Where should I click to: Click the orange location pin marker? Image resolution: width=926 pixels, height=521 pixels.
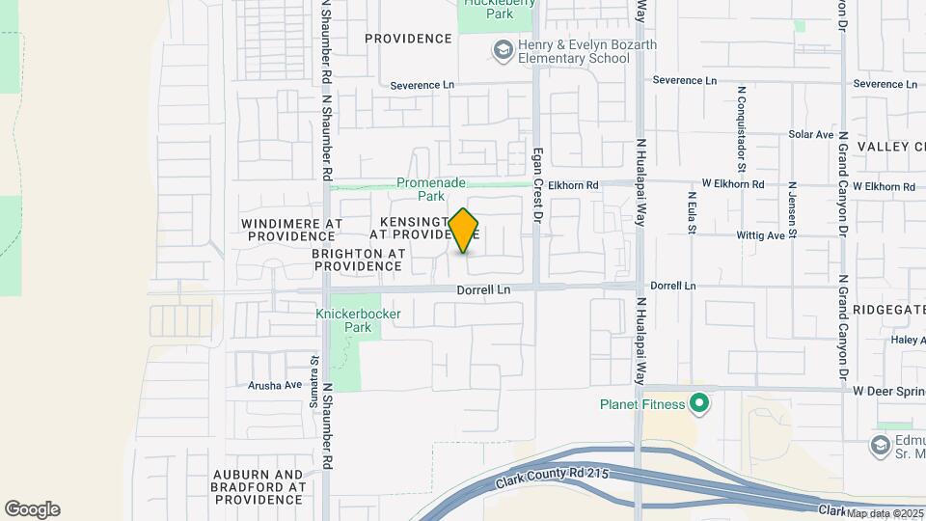click(464, 231)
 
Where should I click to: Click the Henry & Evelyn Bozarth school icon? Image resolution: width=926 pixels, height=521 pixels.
click(502, 50)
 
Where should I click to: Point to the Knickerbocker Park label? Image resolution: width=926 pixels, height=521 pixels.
click(344, 321)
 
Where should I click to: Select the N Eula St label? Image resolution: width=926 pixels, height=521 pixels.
click(692, 212)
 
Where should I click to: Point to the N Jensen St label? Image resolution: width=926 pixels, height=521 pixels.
click(792, 208)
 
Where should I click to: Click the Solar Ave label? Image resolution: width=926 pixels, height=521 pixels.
click(810, 135)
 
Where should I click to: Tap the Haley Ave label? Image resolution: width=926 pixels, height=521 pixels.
click(909, 340)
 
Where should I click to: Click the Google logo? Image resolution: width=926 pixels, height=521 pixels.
click(32, 509)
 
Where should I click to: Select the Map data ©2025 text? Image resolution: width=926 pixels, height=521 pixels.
click(884, 513)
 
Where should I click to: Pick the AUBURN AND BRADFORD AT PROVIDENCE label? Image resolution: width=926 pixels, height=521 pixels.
click(258, 487)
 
